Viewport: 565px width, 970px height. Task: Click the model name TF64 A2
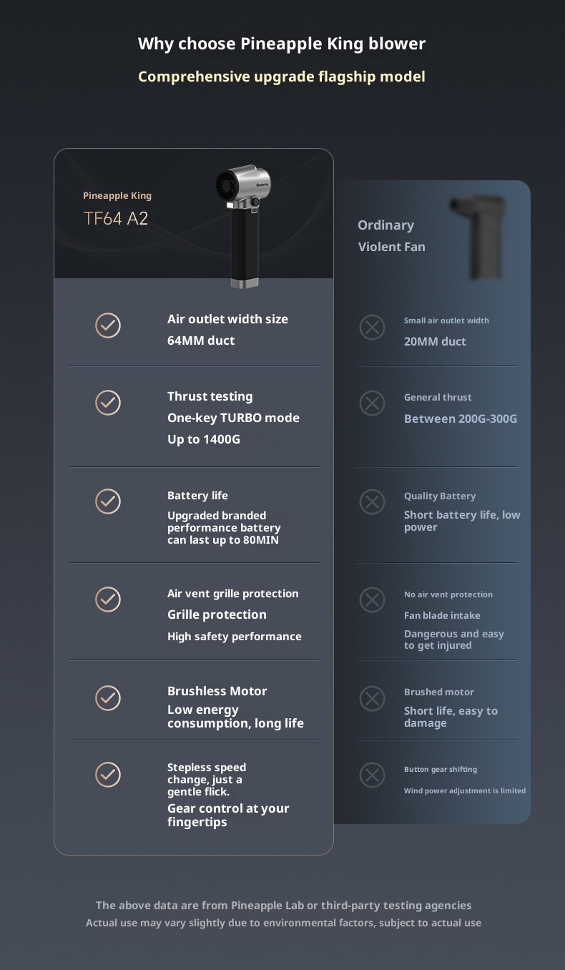click(x=116, y=219)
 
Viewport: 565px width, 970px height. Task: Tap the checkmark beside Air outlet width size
click(x=108, y=325)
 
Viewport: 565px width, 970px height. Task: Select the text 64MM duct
click(x=201, y=341)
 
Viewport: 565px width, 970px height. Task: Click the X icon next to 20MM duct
click(x=372, y=328)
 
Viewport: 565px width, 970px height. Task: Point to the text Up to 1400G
click(x=204, y=439)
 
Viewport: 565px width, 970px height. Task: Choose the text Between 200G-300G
click(x=461, y=418)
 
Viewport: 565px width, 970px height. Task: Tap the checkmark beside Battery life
click(x=108, y=501)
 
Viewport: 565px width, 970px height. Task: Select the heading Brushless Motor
click(x=217, y=691)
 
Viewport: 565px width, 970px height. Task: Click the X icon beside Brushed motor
click(x=372, y=698)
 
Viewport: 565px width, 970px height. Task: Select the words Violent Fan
click(x=391, y=247)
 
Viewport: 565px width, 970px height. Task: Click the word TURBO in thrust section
click(x=241, y=418)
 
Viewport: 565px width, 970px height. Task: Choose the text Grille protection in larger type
click(x=217, y=615)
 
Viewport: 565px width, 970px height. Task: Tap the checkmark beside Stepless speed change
click(x=108, y=775)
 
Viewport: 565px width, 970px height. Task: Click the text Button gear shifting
click(x=441, y=769)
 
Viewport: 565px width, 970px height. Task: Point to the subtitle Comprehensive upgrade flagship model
click(x=281, y=77)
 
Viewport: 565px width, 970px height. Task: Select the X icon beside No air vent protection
click(x=372, y=599)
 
